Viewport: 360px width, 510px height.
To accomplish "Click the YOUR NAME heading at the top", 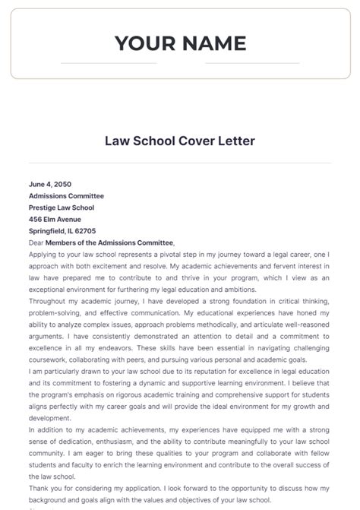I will [180, 43].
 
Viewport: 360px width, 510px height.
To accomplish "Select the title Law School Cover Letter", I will [180, 141].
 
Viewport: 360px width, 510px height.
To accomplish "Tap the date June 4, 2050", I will [50, 184].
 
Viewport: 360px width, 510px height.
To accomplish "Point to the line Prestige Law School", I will [62, 207].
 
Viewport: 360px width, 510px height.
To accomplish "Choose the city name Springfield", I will [49, 230].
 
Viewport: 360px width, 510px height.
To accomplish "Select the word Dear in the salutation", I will [36, 242].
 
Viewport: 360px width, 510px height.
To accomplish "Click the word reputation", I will [188, 371].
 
